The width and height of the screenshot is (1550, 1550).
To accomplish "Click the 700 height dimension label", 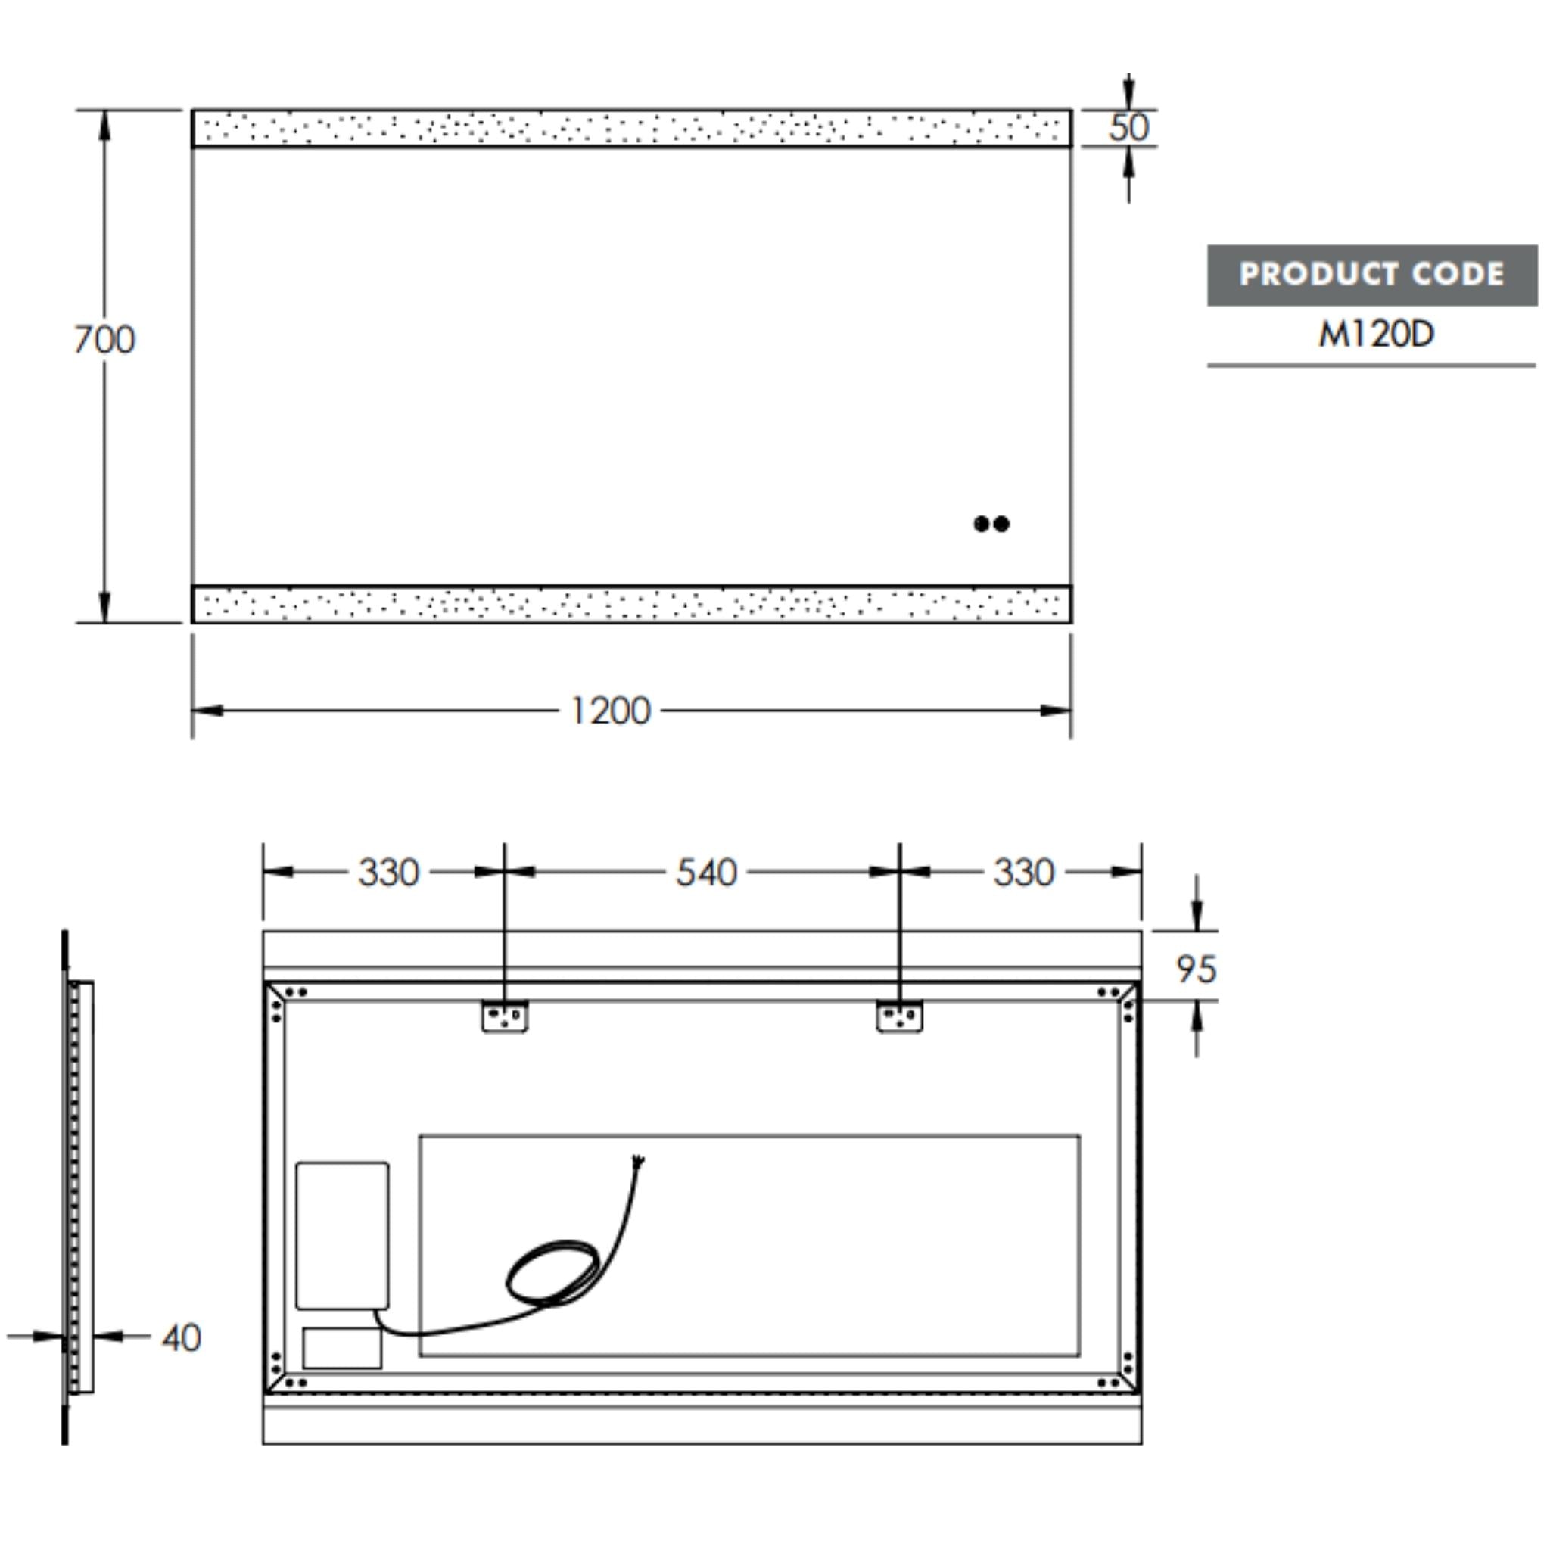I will (104, 340).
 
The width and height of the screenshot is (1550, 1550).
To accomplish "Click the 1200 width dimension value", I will (610, 711).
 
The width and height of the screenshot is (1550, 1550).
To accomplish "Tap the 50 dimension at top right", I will (1128, 128).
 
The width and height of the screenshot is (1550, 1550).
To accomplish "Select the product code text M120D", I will (1375, 335).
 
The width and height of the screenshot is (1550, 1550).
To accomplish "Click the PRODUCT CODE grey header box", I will (1371, 275).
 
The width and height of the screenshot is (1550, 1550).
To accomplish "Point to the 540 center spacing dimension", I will (705, 873).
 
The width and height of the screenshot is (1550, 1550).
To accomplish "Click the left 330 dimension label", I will (388, 873).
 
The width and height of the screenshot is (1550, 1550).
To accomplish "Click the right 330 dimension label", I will (1023, 873).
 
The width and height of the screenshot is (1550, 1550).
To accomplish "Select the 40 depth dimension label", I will (182, 1337).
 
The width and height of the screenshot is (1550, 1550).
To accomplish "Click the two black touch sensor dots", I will (991, 524).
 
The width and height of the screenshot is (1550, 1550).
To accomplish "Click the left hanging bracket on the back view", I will (505, 1016).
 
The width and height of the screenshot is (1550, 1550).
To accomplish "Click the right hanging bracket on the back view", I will (899, 1016).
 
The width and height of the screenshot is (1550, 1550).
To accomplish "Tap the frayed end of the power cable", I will (640, 1160).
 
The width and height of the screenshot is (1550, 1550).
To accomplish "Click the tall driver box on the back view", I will (343, 1235).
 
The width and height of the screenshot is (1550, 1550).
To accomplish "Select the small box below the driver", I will (343, 1348).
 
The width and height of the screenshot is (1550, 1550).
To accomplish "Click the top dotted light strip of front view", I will (631, 129).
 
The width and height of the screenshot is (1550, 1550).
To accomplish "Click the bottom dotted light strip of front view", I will (631, 604).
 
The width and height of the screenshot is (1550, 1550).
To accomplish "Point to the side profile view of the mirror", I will (79, 1187).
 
